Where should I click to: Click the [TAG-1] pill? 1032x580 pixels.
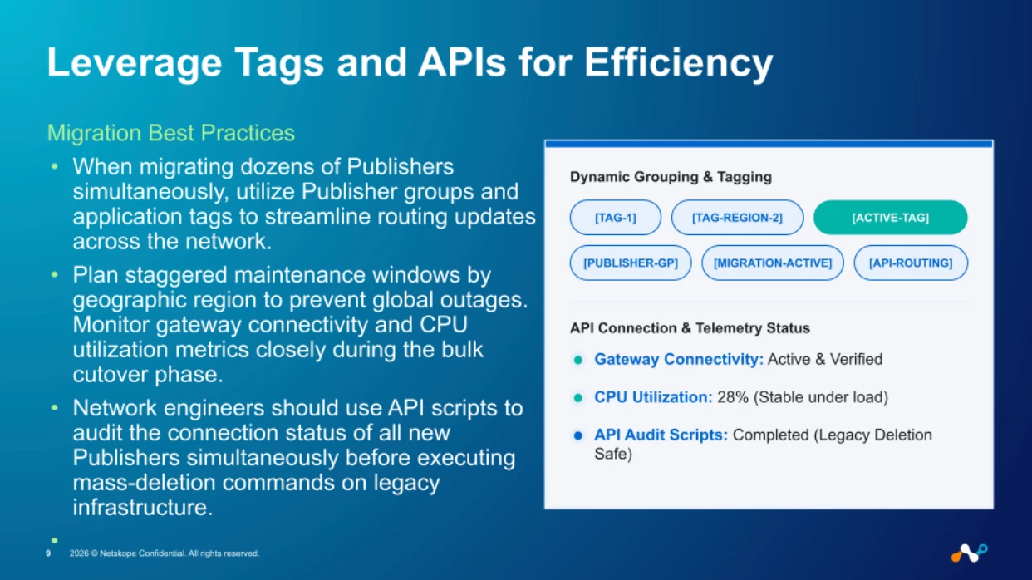(x=616, y=218)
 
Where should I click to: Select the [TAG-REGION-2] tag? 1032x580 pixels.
(x=737, y=218)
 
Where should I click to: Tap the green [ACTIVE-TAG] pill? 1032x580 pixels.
(x=891, y=218)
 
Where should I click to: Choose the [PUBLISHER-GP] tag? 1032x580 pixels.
(x=631, y=263)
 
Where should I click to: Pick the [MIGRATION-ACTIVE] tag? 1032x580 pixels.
(x=773, y=263)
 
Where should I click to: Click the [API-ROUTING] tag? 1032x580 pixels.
(x=911, y=263)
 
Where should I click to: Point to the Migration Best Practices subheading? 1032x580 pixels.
(x=171, y=133)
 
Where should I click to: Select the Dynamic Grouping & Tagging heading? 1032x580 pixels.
(x=671, y=177)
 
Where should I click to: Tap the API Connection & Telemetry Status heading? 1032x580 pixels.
(x=690, y=328)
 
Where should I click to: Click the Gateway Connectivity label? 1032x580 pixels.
(x=679, y=359)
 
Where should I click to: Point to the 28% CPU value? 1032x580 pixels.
(x=733, y=397)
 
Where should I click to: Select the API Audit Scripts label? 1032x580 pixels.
(x=661, y=435)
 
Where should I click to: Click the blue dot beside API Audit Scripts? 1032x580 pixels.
(x=578, y=435)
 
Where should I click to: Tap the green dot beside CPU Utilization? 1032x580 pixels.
(x=578, y=397)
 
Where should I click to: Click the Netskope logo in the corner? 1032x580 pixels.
(x=969, y=553)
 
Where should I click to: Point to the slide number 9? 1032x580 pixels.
(x=48, y=553)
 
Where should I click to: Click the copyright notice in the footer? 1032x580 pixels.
(x=164, y=553)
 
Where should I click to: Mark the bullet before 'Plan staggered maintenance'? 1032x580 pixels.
(x=55, y=275)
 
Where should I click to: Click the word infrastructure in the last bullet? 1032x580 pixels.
(x=143, y=508)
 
